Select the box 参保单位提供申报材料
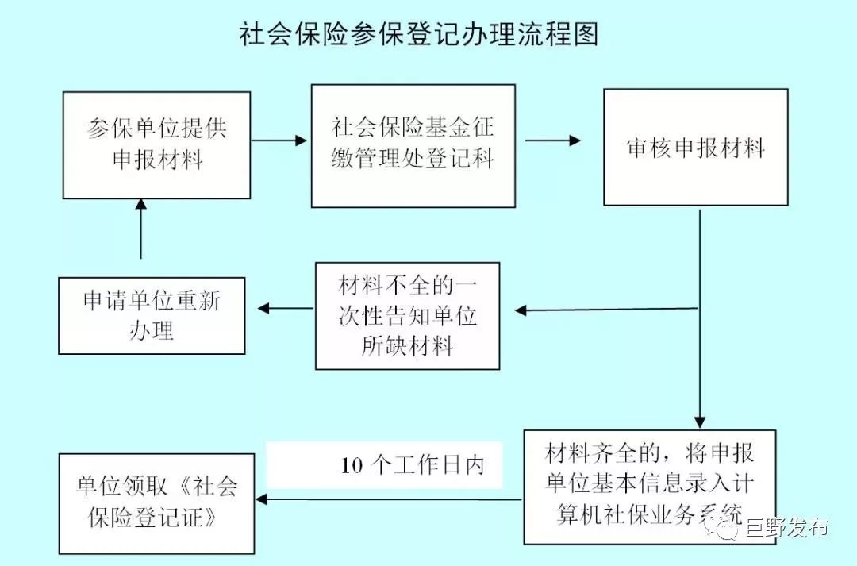point(156,144)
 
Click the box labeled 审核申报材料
point(695,148)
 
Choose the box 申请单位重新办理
point(152,315)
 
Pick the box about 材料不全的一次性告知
point(407,315)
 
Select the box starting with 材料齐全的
point(649,487)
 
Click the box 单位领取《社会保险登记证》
point(156,503)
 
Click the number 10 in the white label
point(352,465)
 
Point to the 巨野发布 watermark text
point(786,529)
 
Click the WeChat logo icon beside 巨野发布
point(727,529)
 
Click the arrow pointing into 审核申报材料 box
point(553,141)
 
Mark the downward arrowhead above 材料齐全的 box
point(699,421)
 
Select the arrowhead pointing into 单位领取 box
point(264,499)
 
